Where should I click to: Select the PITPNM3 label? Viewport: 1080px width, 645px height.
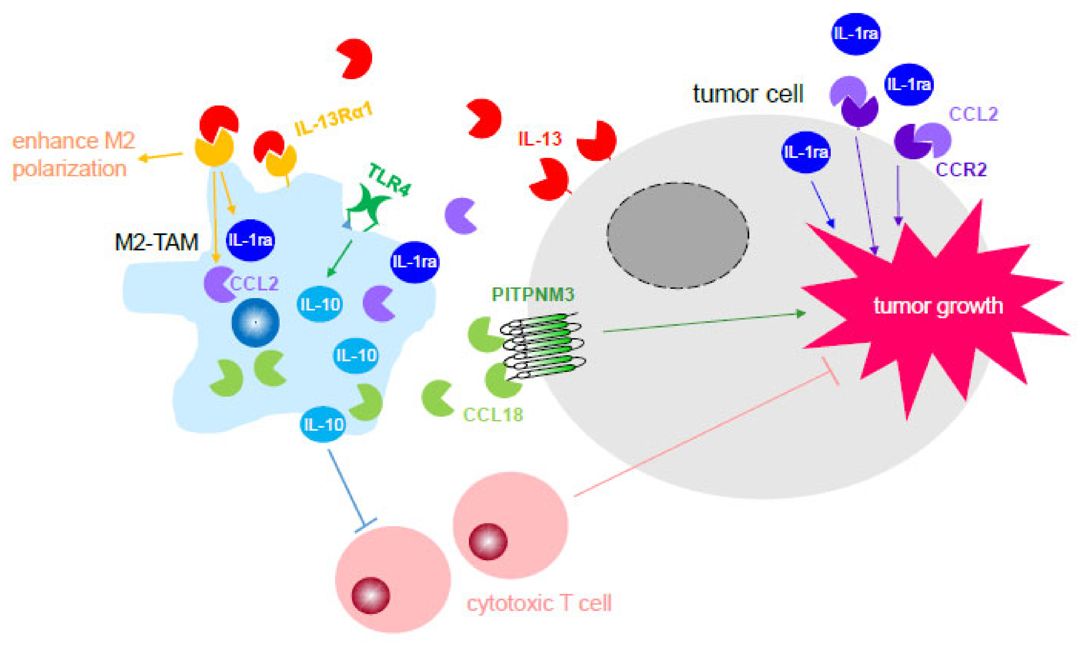click(x=533, y=295)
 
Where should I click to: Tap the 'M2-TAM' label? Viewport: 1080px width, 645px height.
click(x=157, y=242)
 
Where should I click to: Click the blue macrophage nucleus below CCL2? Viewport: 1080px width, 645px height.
click(x=255, y=322)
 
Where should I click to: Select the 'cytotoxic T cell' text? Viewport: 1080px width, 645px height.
click(x=539, y=603)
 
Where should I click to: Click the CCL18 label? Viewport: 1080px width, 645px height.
click(x=493, y=415)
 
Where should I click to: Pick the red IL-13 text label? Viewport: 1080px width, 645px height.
click(x=540, y=139)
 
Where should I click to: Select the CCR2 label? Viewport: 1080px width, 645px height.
click(x=961, y=170)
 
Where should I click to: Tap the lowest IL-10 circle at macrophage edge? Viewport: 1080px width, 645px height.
click(x=322, y=424)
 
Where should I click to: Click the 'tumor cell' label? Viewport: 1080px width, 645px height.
click(x=747, y=94)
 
